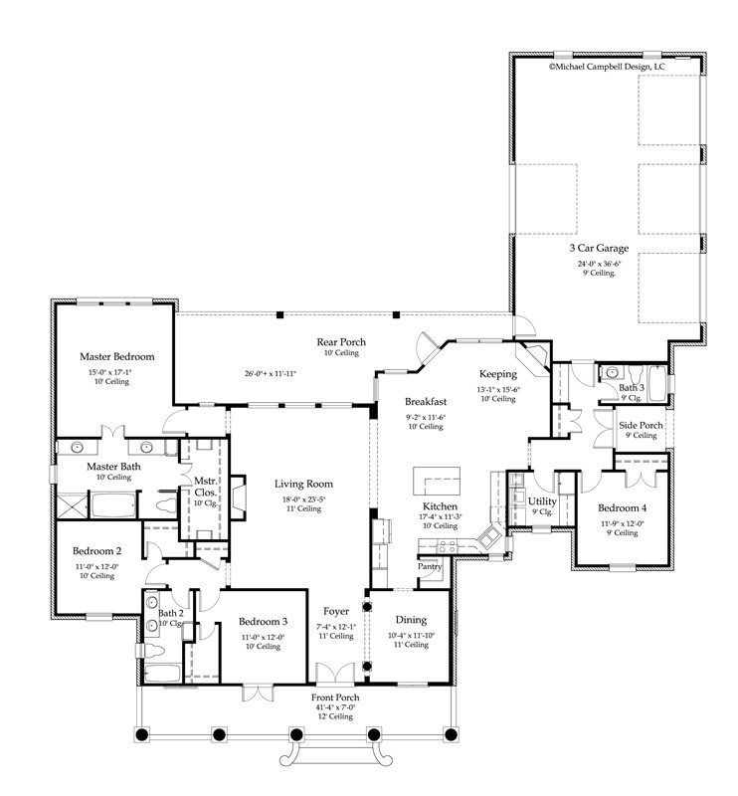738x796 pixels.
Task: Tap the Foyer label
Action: pyautogui.click(x=335, y=612)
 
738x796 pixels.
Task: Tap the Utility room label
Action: pyautogui.click(x=542, y=501)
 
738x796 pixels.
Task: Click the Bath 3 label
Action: pyautogui.click(x=633, y=387)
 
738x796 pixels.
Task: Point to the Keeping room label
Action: pyautogui.click(x=497, y=376)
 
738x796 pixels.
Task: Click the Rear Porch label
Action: pyautogui.click(x=341, y=342)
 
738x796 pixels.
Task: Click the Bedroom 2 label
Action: pyautogui.click(x=97, y=551)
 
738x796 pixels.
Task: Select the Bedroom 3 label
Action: pyautogui.click(x=260, y=623)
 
